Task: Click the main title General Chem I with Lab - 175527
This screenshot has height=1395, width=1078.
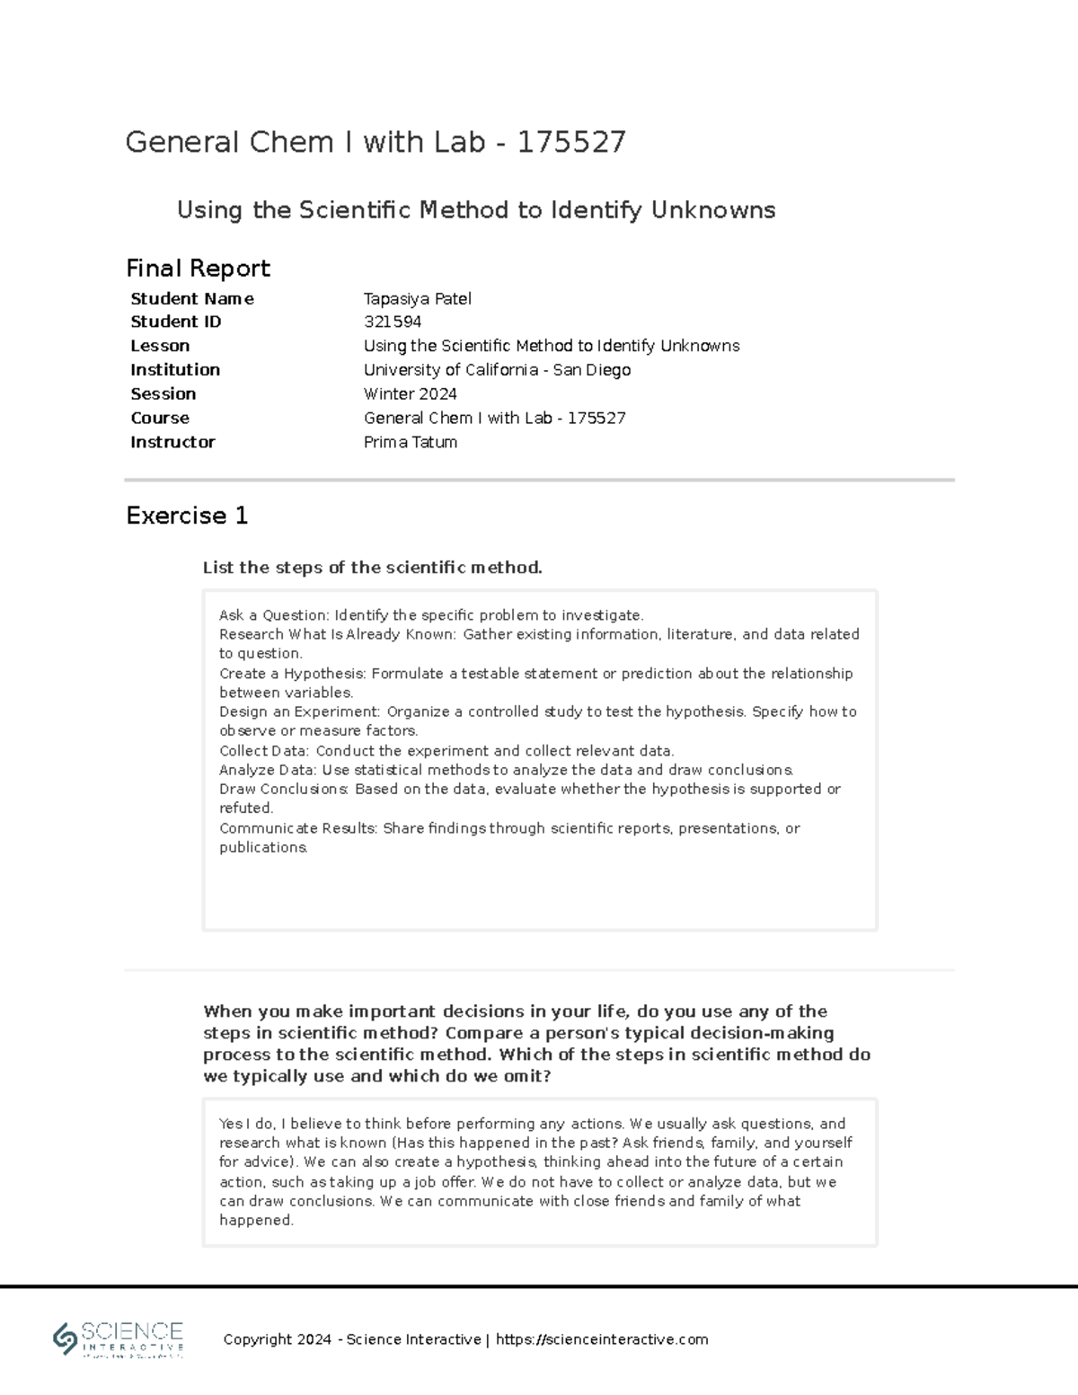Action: click(x=376, y=142)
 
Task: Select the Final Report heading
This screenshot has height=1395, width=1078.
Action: click(x=198, y=269)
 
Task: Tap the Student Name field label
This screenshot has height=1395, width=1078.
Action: click(x=191, y=299)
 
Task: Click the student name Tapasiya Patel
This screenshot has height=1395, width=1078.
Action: click(x=417, y=299)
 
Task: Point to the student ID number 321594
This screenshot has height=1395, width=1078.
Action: click(x=393, y=322)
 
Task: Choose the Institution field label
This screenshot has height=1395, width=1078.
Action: click(x=175, y=370)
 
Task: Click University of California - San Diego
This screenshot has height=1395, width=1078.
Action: click(x=497, y=370)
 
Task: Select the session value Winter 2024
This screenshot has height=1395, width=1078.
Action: click(x=410, y=394)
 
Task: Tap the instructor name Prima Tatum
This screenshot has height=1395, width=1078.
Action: click(x=410, y=442)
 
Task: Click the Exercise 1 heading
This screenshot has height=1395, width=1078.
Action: click(x=187, y=516)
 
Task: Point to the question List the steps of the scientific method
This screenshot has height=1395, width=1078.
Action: click(x=372, y=568)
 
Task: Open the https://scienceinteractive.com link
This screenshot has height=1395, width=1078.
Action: click(x=601, y=1339)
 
